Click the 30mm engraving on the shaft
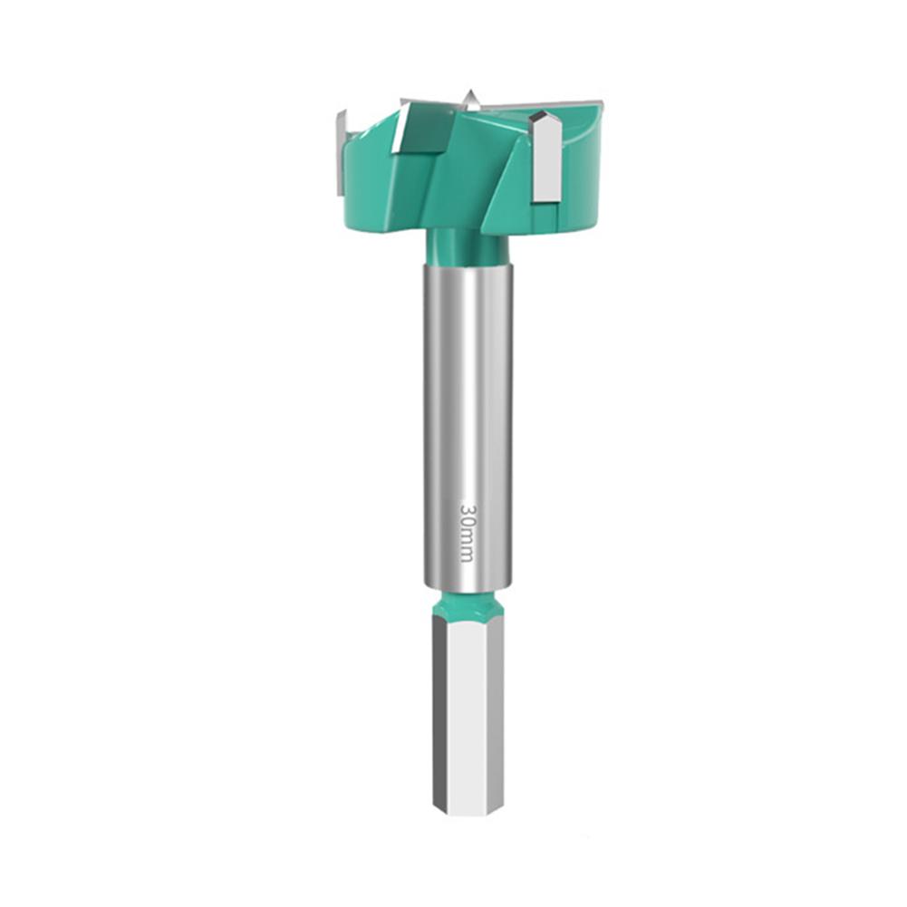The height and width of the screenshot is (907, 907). pyautogui.click(x=468, y=532)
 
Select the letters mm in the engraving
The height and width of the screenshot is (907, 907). pyautogui.click(x=468, y=546)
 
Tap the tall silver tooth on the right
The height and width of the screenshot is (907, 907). pyautogui.click(x=546, y=158)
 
